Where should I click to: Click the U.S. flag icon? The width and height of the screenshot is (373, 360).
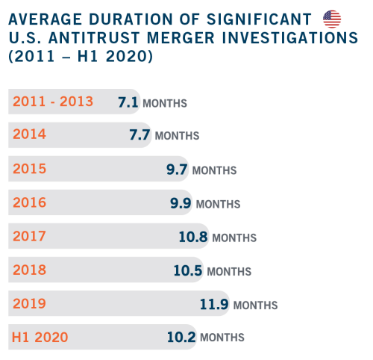(332, 19)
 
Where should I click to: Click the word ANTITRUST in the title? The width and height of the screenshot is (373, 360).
(94, 38)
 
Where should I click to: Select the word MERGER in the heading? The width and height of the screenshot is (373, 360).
(181, 38)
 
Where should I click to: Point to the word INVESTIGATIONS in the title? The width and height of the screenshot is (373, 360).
(290, 38)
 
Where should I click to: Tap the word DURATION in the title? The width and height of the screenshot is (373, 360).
(131, 19)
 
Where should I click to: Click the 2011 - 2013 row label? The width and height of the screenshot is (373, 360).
(53, 102)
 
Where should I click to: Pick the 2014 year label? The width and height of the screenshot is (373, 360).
(29, 134)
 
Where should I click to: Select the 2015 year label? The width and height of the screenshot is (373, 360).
(29, 169)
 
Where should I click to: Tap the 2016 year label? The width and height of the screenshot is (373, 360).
(29, 202)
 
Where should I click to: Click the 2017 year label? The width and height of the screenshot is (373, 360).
(29, 236)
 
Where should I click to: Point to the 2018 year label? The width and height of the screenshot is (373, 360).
(29, 270)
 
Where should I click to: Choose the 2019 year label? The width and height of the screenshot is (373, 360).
(29, 303)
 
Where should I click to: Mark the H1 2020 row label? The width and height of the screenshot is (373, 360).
(40, 338)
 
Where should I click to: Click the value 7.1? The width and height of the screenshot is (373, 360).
(128, 102)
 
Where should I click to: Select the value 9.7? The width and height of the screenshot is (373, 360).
(177, 170)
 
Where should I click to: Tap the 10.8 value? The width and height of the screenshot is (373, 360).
(193, 237)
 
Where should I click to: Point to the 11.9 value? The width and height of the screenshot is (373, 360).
(214, 304)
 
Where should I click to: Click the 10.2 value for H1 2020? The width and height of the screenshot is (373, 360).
(181, 337)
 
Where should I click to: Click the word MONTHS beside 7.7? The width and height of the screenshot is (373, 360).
(177, 136)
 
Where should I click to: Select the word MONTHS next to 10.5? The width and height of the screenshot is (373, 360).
(229, 272)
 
